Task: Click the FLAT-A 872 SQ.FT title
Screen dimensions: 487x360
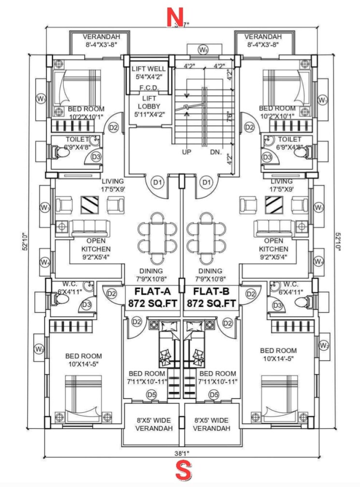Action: (x=151, y=297)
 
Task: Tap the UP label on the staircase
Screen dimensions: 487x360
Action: (x=187, y=152)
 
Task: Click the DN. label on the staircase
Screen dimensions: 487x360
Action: (x=216, y=152)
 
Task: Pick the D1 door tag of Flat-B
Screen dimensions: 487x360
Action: (x=206, y=182)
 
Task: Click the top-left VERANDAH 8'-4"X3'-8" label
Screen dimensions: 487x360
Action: (x=101, y=41)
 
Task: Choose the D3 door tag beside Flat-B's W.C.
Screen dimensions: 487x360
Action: (x=277, y=305)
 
